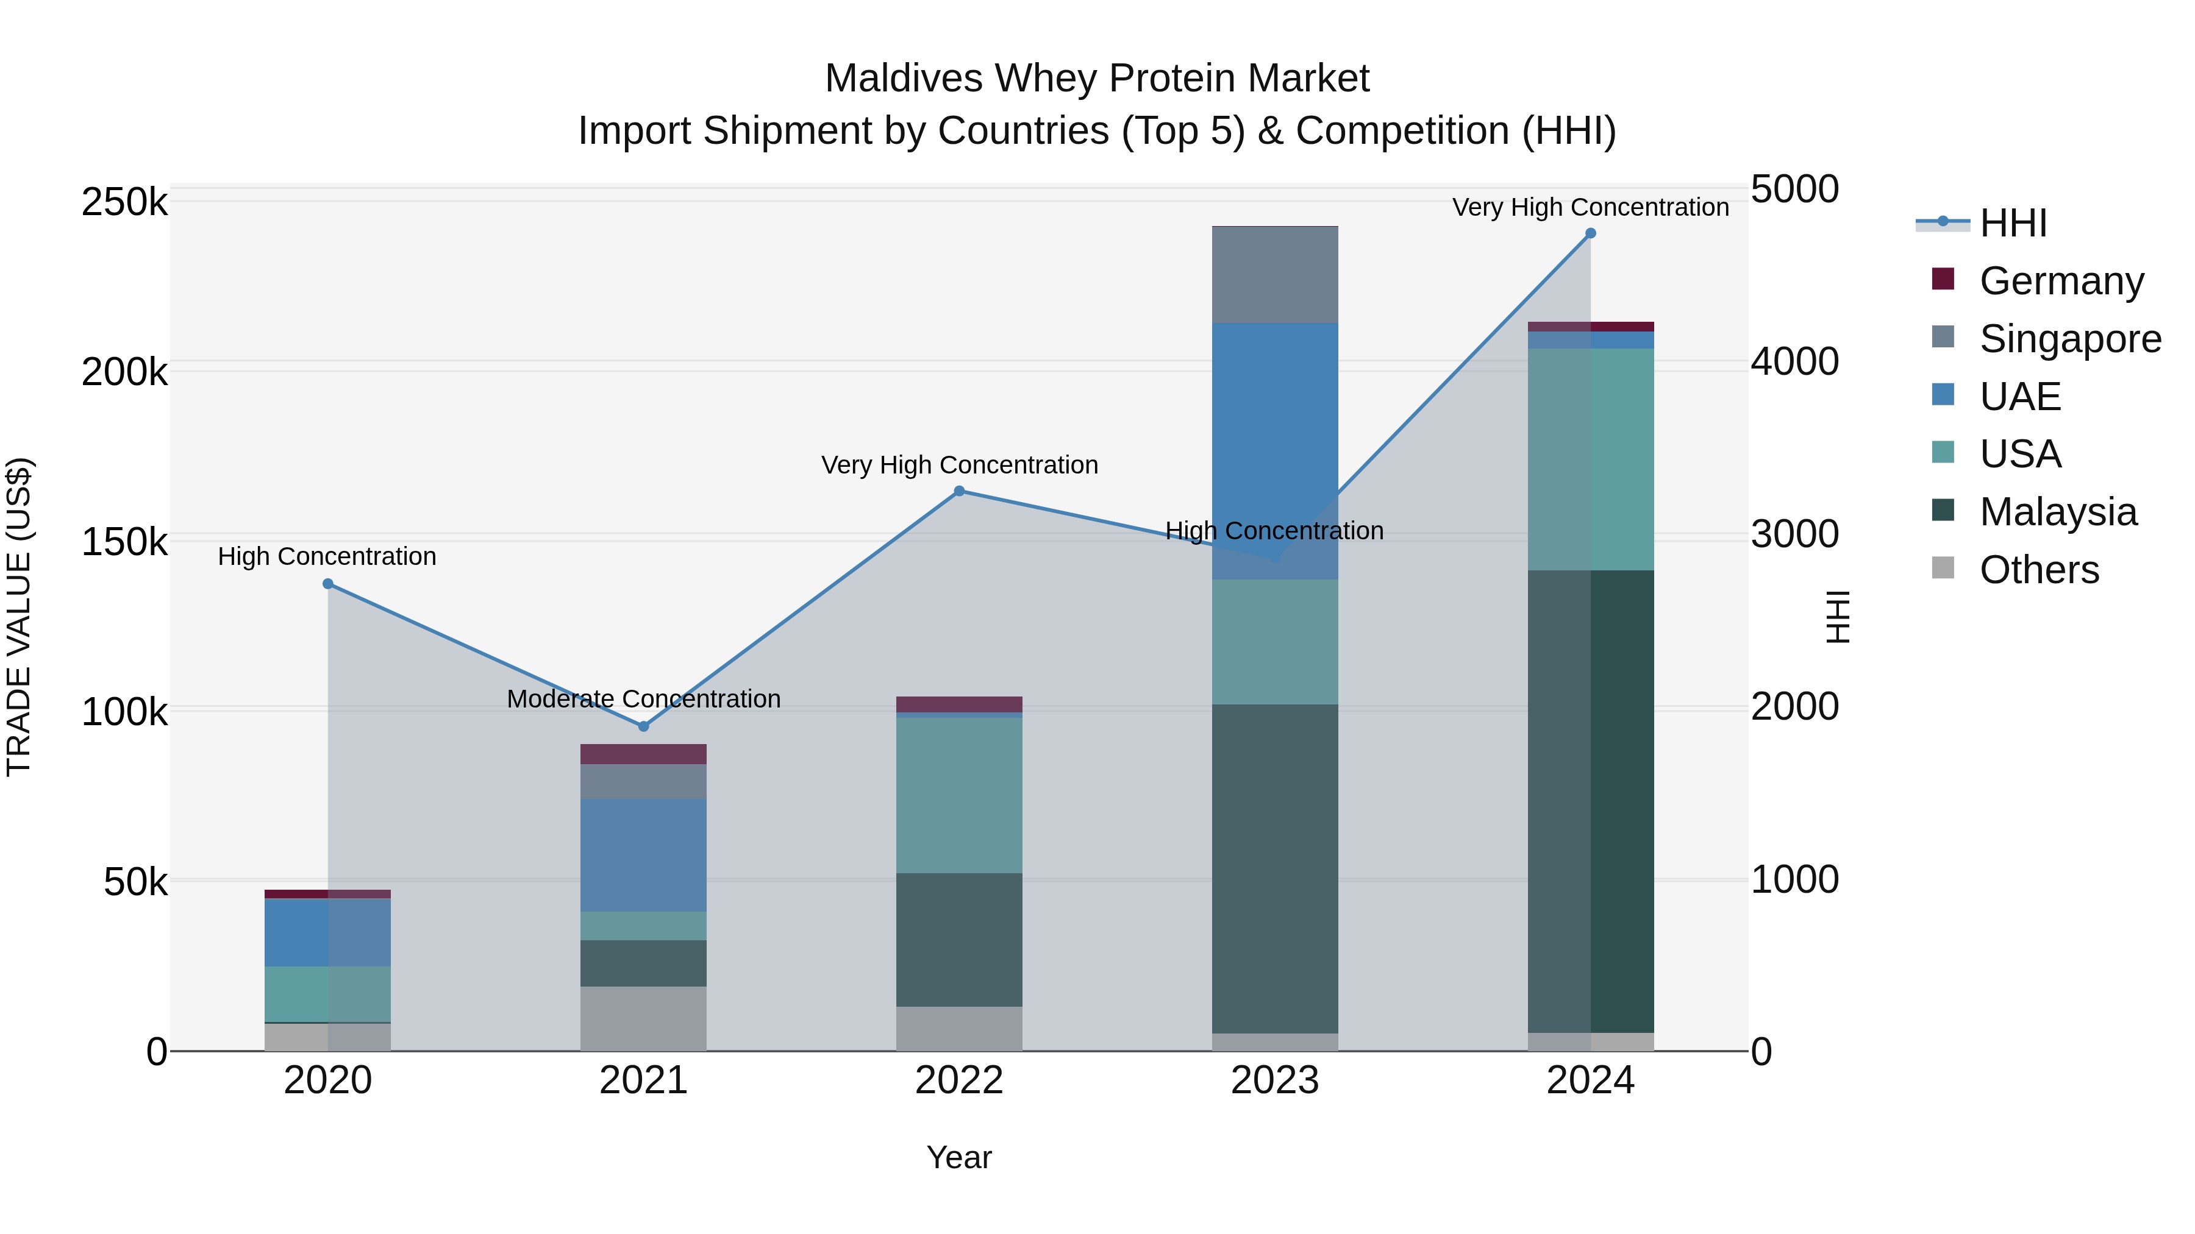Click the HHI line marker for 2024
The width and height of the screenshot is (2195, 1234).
click(1590, 233)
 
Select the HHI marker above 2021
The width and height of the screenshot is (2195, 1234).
click(643, 726)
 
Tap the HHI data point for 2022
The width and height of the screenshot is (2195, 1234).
click(958, 491)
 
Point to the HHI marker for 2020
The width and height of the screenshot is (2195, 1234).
click(328, 583)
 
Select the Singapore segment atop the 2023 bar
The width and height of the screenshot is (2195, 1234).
click(1275, 274)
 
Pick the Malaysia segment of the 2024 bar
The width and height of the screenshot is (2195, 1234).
click(1590, 801)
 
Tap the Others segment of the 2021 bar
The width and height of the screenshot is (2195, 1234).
click(643, 1018)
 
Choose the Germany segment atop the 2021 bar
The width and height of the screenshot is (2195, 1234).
click(643, 754)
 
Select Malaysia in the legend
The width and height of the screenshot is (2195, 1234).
click(2058, 512)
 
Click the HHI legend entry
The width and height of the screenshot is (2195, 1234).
click(2013, 223)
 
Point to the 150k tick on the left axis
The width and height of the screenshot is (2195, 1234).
click(124, 542)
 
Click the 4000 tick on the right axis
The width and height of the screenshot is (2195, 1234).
click(1794, 361)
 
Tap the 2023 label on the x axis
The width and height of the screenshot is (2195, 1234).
click(1275, 1080)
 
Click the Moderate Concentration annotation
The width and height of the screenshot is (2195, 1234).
click(643, 698)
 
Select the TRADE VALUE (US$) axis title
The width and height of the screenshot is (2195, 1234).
click(19, 617)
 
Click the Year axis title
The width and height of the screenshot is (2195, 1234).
click(958, 1157)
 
